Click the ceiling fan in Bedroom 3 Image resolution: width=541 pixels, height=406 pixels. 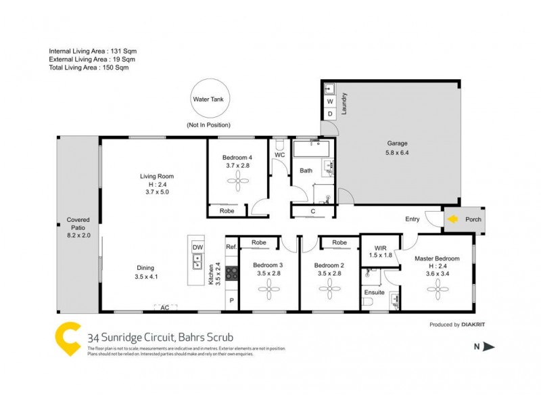(268, 291)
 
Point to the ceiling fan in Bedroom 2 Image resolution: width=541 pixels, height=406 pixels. (330, 291)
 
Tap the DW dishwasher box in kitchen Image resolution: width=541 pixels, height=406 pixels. (197, 248)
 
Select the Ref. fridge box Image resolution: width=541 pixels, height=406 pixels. (231, 247)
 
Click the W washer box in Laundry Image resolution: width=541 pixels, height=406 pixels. (330, 101)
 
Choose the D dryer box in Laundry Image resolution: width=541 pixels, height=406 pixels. (330, 114)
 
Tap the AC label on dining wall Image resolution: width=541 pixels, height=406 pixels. (164, 308)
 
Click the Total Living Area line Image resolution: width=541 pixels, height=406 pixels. (89, 68)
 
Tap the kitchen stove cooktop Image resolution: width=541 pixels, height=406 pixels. (231, 273)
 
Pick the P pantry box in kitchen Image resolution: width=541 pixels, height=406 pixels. (231, 300)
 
